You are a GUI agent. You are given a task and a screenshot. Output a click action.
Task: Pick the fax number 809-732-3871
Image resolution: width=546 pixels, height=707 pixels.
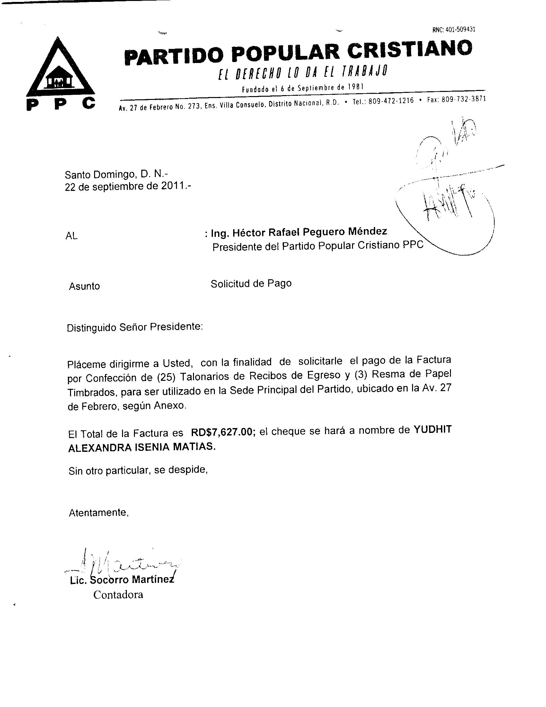click(463, 99)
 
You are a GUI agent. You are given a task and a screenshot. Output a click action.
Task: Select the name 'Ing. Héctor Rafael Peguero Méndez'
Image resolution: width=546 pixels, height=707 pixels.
click(299, 232)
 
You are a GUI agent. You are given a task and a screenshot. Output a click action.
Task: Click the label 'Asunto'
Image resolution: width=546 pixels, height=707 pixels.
click(84, 286)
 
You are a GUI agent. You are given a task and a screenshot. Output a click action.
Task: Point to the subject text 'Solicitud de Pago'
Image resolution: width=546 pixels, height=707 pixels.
click(251, 283)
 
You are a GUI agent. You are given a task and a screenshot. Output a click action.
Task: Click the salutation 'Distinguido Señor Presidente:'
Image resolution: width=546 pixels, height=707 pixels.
click(135, 327)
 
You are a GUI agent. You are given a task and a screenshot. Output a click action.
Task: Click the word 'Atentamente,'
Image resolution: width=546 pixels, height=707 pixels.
click(99, 513)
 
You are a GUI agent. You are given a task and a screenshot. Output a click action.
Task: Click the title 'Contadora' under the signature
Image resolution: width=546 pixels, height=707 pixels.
click(118, 594)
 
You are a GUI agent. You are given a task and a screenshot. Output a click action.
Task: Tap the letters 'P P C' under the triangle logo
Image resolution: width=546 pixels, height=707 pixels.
click(61, 104)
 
